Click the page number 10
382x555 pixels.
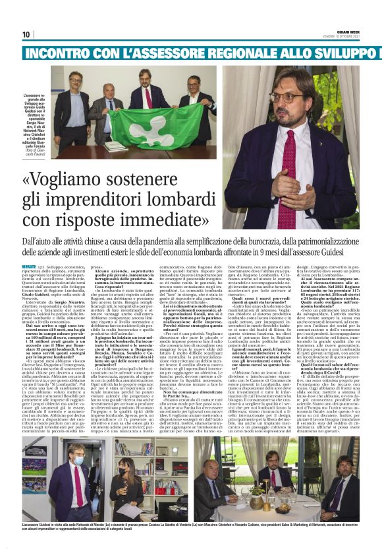coord(26,34)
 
